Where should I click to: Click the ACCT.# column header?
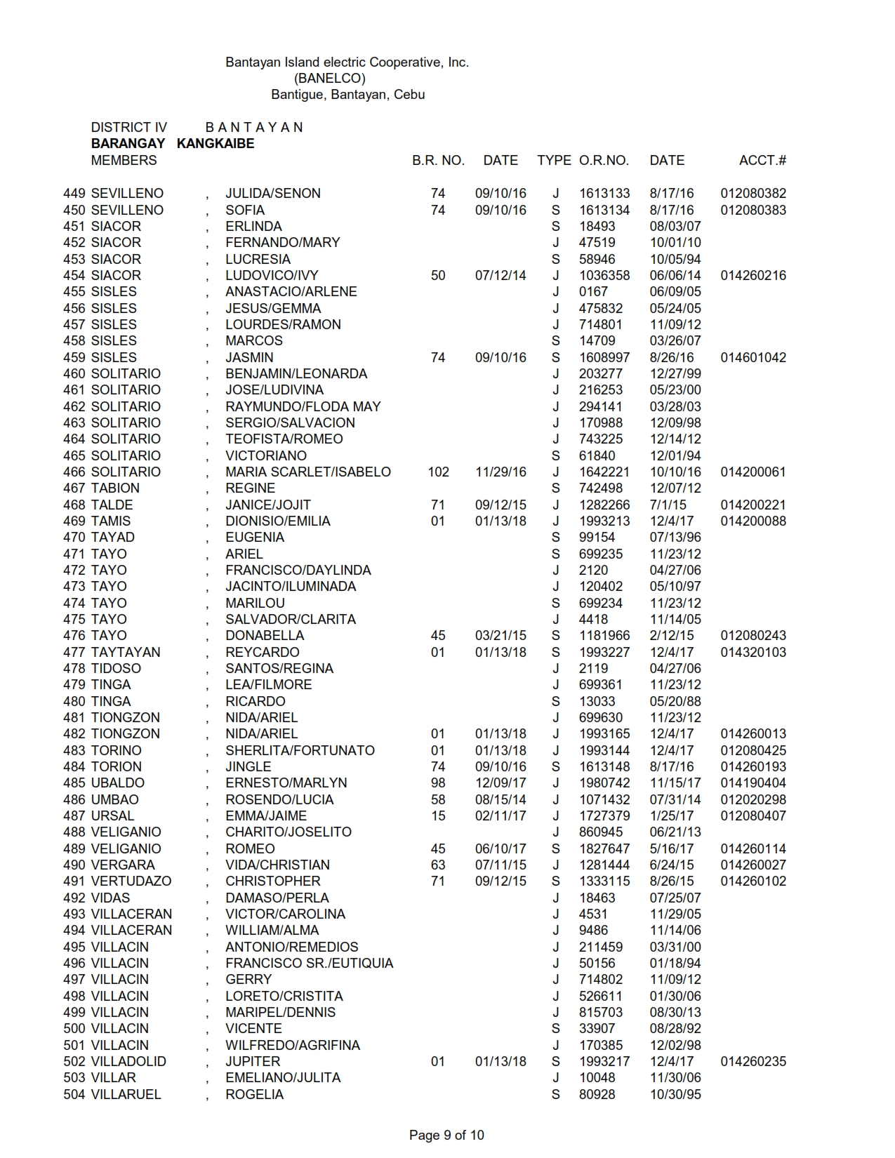(762, 160)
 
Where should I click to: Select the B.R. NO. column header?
(438, 160)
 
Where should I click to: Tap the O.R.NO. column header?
(604, 160)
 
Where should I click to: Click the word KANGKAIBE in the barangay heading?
(216, 143)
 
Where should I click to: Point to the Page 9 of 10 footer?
(446, 1135)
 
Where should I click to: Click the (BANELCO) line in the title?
(330, 78)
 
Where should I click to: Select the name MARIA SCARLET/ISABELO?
(307, 472)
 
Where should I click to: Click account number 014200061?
(753, 472)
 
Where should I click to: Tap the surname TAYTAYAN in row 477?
(126, 652)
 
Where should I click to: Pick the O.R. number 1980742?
(604, 783)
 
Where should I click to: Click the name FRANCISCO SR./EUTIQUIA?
(309, 963)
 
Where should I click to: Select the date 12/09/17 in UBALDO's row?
(500, 783)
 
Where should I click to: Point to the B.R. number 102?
(438, 472)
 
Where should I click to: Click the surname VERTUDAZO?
(131, 881)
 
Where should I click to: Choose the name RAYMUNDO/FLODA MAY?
(303, 406)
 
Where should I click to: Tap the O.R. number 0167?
(593, 291)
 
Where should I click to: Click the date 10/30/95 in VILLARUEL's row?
(675, 1094)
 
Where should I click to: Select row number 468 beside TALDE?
(74, 505)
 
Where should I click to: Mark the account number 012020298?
(753, 799)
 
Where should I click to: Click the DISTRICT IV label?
(129, 127)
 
